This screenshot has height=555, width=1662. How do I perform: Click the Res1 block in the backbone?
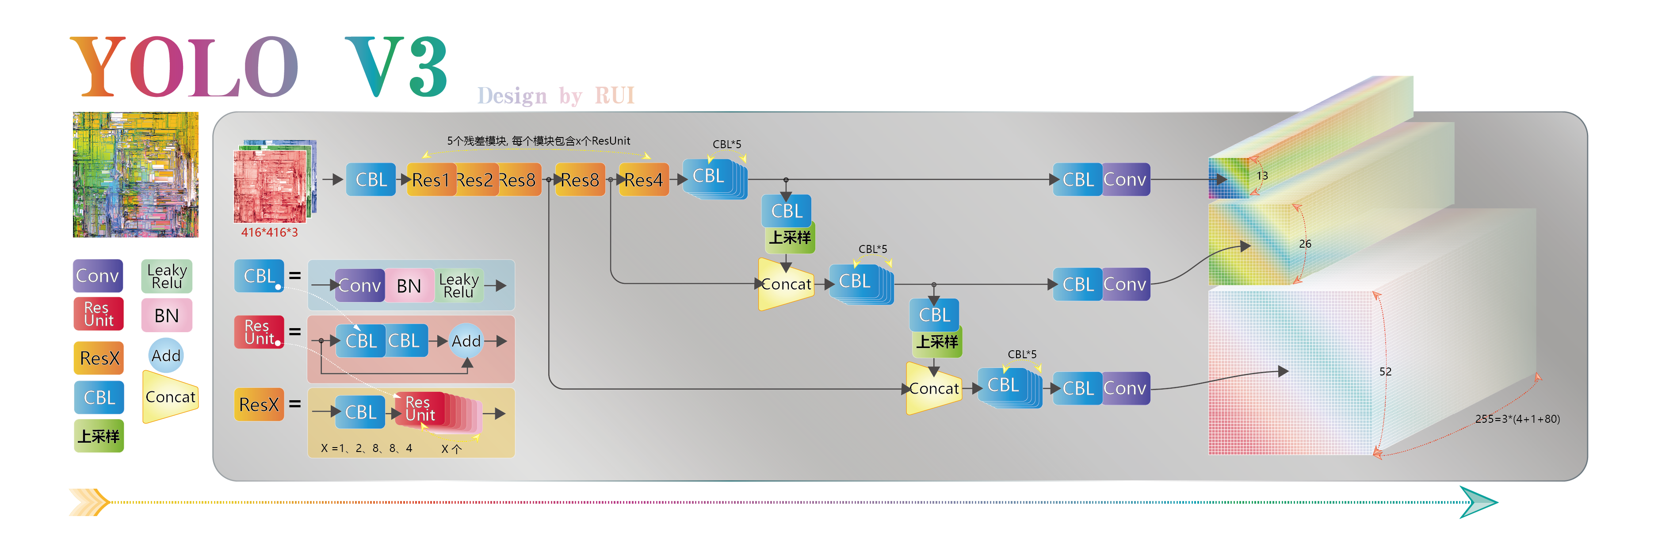pos(430,180)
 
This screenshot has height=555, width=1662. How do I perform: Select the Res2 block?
pos(475,180)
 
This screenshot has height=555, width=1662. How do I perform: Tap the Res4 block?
pos(643,180)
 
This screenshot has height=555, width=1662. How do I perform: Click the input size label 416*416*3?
pos(270,232)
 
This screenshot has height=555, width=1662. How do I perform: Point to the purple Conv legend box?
pos(97,276)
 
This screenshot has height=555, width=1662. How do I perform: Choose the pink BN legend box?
pos(166,316)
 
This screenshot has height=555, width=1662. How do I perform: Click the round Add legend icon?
pos(166,356)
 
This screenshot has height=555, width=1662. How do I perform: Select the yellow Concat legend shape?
pos(170,397)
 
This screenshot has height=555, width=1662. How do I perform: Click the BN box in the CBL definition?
pos(409,286)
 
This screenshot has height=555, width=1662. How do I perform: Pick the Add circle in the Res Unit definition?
pos(466,341)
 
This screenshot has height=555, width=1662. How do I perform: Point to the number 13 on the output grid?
pos(1262,176)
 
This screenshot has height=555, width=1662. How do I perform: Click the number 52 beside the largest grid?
pos(1385,372)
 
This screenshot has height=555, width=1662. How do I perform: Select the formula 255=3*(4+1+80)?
pos(1517,419)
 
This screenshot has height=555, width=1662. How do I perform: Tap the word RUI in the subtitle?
pos(614,96)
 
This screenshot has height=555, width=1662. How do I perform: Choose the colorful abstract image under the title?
pos(135,174)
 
